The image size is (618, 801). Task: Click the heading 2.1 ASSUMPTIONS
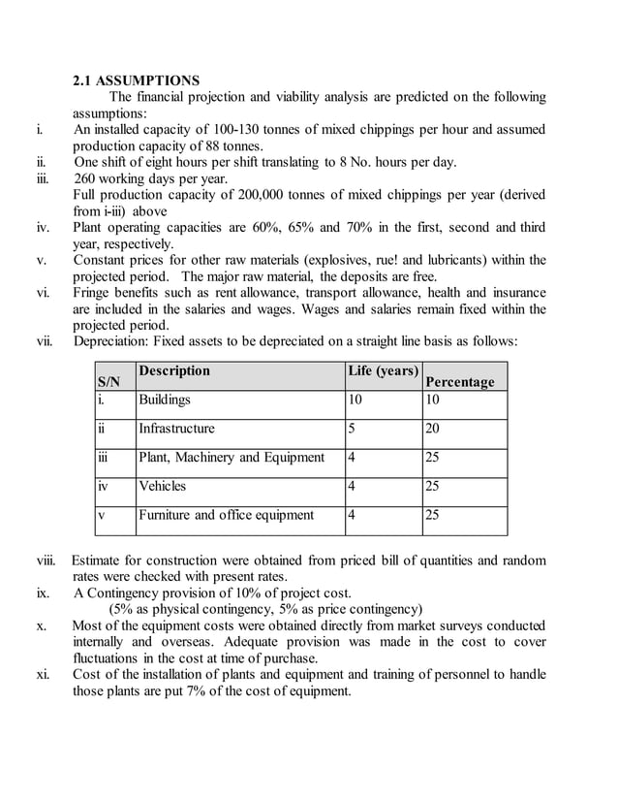[x=137, y=80]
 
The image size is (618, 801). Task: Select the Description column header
[x=173, y=371]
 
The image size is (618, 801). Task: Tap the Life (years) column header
[x=383, y=371]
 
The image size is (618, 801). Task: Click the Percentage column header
[x=459, y=382]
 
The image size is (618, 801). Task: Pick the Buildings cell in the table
[x=165, y=400]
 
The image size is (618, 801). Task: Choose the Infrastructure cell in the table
[x=176, y=428]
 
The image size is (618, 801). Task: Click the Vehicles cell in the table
[x=162, y=486]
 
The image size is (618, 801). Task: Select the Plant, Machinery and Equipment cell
[x=231, y=457]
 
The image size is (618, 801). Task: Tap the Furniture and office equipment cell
[x=226, y=515]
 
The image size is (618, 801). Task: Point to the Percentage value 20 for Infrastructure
[x=432, y=428]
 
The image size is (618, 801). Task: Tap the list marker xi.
[x=43, y=675]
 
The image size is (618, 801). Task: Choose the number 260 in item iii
[x=86, y=178]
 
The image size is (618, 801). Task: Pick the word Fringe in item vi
[x=94, y=293]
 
